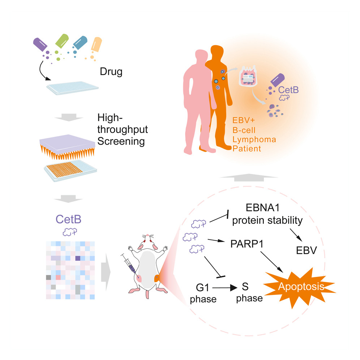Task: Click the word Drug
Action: pos(111,72)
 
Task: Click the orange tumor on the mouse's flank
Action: pos(158,278)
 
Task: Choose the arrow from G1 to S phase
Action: pos(223,289)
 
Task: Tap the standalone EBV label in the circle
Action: pos(305,250)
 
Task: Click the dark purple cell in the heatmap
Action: pos(77,258)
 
